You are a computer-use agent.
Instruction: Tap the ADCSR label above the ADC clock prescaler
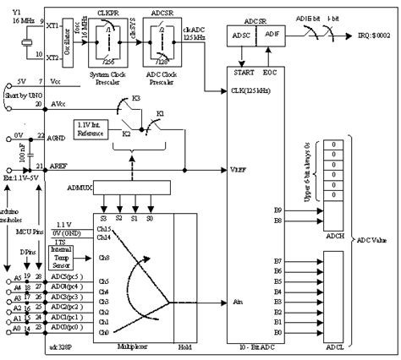coord(162,12)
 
